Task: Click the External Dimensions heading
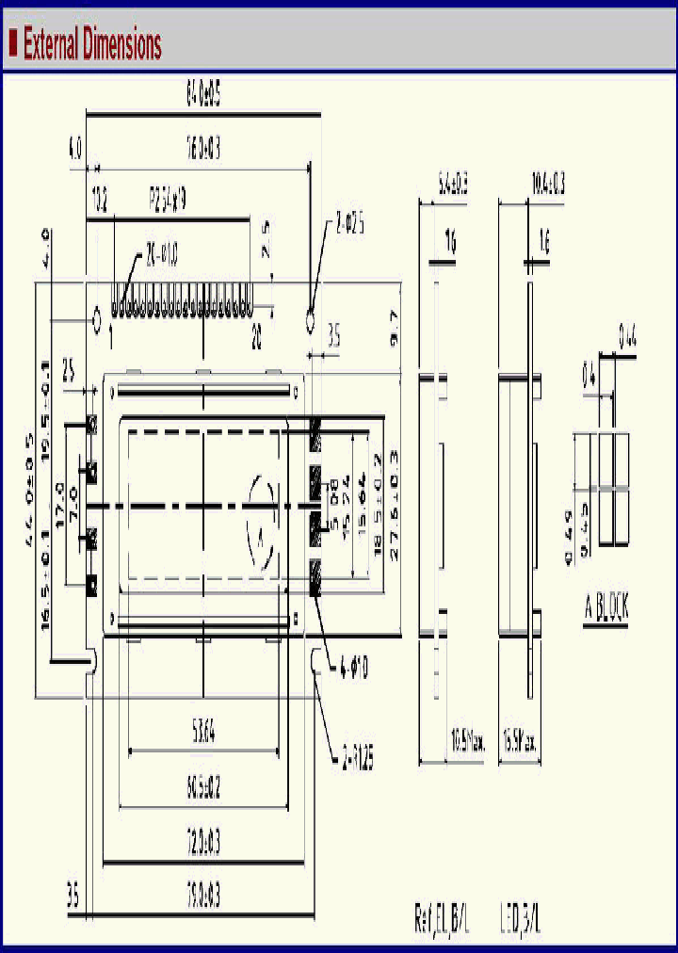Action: point(91,43)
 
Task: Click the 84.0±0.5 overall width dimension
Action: point(202,93)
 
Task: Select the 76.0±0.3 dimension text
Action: point(203,147)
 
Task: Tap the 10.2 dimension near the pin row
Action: point(100,200)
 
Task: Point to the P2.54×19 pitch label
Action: point(169,200)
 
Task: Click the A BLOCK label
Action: point(605,609)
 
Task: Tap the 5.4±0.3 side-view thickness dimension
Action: point(453,185)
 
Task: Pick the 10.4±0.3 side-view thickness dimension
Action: point(548,185)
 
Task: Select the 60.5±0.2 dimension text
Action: point(202,787)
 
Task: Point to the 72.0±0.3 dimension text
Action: point(202,844)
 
